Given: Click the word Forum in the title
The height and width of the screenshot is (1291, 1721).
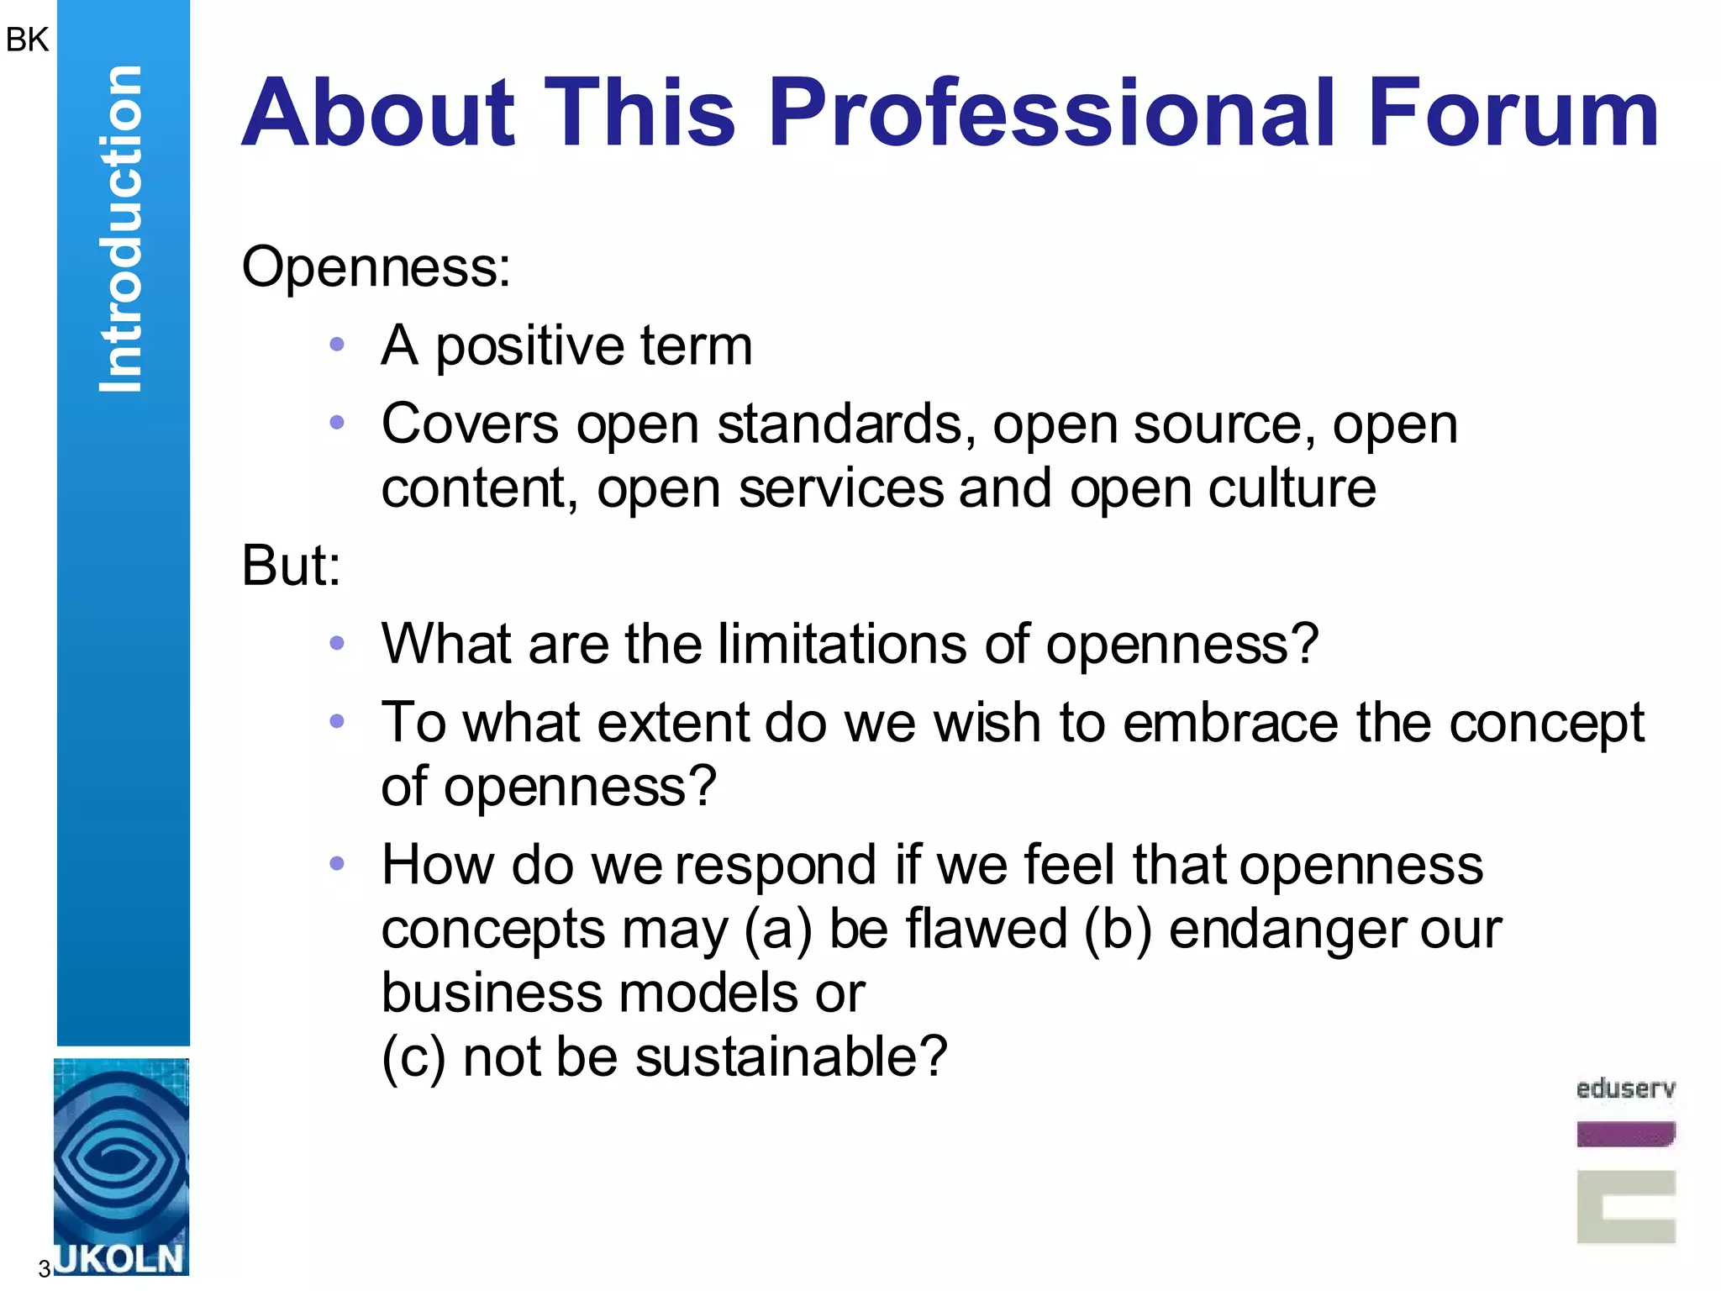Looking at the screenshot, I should tap(1513, 113).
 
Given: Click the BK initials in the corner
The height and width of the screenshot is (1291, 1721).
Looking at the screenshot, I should tap(27, 40).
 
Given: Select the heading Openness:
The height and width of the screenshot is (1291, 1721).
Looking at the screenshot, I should tap(376, 267).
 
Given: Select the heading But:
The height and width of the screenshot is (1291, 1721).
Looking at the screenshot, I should tap(291, 565).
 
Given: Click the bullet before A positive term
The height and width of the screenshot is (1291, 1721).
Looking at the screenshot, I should tap(337, 344).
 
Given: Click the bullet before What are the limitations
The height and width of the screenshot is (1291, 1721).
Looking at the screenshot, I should tap(337, 643).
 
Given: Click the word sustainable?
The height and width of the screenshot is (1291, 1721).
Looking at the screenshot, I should tap(791, 1057).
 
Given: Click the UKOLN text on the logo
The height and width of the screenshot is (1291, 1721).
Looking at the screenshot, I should tap(119, 1258).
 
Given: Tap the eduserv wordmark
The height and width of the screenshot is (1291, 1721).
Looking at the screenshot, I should tap(1625, 1089).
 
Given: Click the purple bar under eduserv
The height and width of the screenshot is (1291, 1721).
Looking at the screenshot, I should tap(1625, 1134).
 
